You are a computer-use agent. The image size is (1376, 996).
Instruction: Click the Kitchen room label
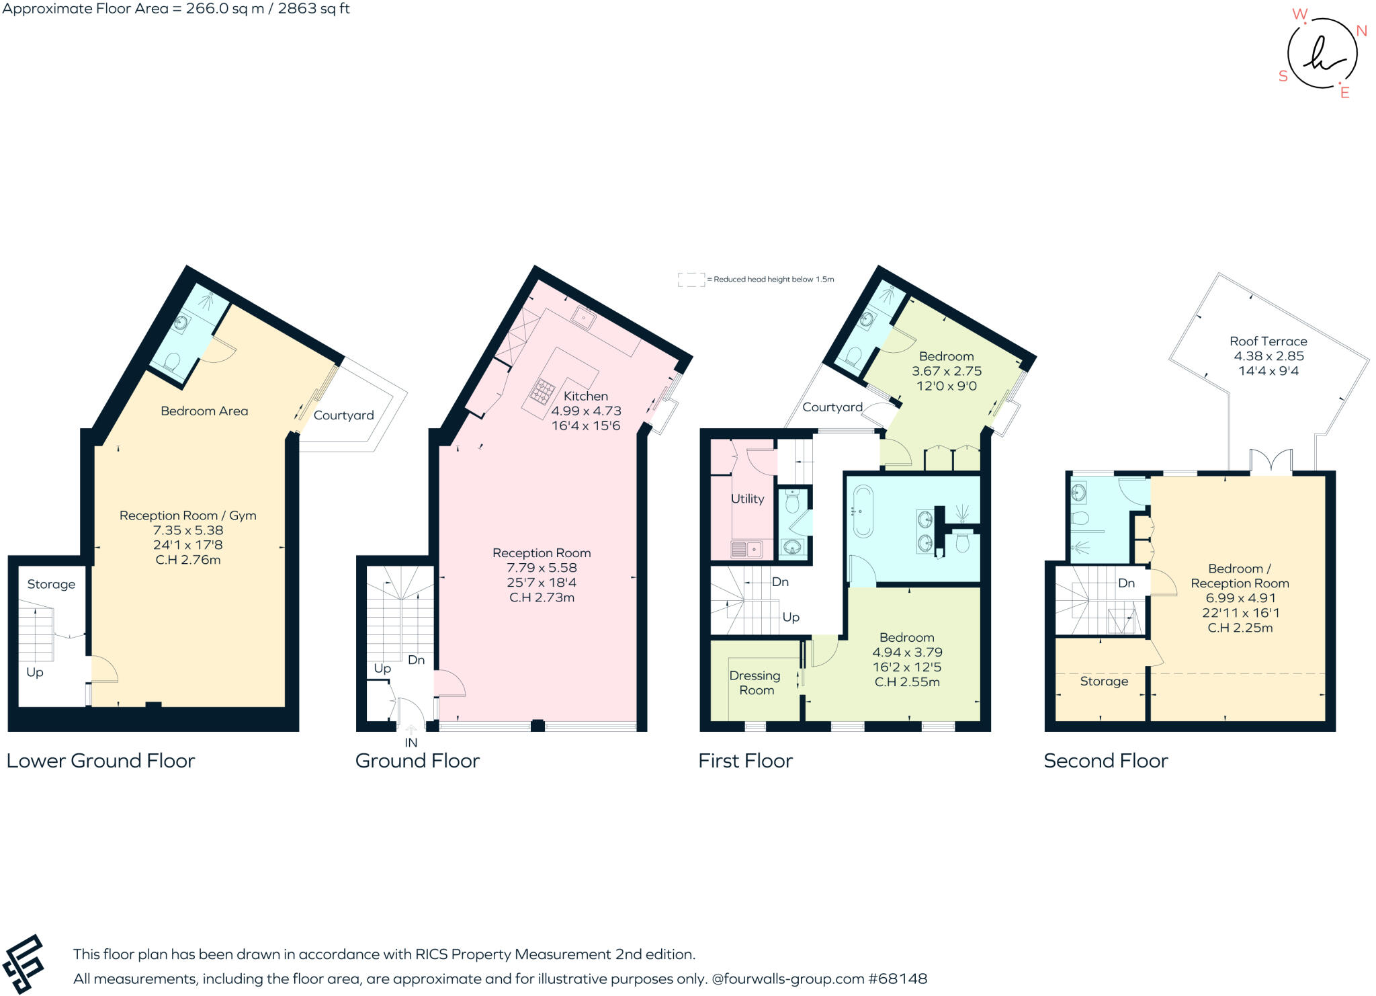[x=585, y=396]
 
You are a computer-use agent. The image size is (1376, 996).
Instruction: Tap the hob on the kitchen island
[x=544, y=390]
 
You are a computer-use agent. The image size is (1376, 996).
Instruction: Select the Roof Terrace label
[x=1268, y=341]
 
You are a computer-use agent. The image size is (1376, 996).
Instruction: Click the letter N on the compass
[x=1361, y=31]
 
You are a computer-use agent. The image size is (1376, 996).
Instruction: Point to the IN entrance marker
[x=411, y=743]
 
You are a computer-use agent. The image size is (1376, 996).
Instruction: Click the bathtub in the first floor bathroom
[x=862, y=511]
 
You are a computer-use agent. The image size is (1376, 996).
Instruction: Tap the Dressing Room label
[x=755, y=683]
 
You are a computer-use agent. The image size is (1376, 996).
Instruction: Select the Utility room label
[x=747, y=499]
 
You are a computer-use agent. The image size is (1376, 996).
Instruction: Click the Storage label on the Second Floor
[x=1103, y=681]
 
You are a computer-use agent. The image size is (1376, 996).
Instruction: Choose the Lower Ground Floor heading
[x=100, y=761]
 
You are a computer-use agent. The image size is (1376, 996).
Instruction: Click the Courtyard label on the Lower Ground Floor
[x=343, y=415]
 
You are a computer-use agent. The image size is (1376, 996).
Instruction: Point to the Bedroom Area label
[x=204, y=411]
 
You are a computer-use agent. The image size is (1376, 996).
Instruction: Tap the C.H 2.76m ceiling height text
[x=188, y=560]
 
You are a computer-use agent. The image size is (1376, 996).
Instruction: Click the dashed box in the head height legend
[x=691, y=280]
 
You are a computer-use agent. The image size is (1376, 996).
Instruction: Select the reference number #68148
[x=898, y=979]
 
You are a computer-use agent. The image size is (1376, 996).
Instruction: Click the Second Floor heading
[x=1105, y=761]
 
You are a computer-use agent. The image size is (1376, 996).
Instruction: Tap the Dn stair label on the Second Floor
[x=1126, y=583]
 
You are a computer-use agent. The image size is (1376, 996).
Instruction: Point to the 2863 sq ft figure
[x=314, y=9]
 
